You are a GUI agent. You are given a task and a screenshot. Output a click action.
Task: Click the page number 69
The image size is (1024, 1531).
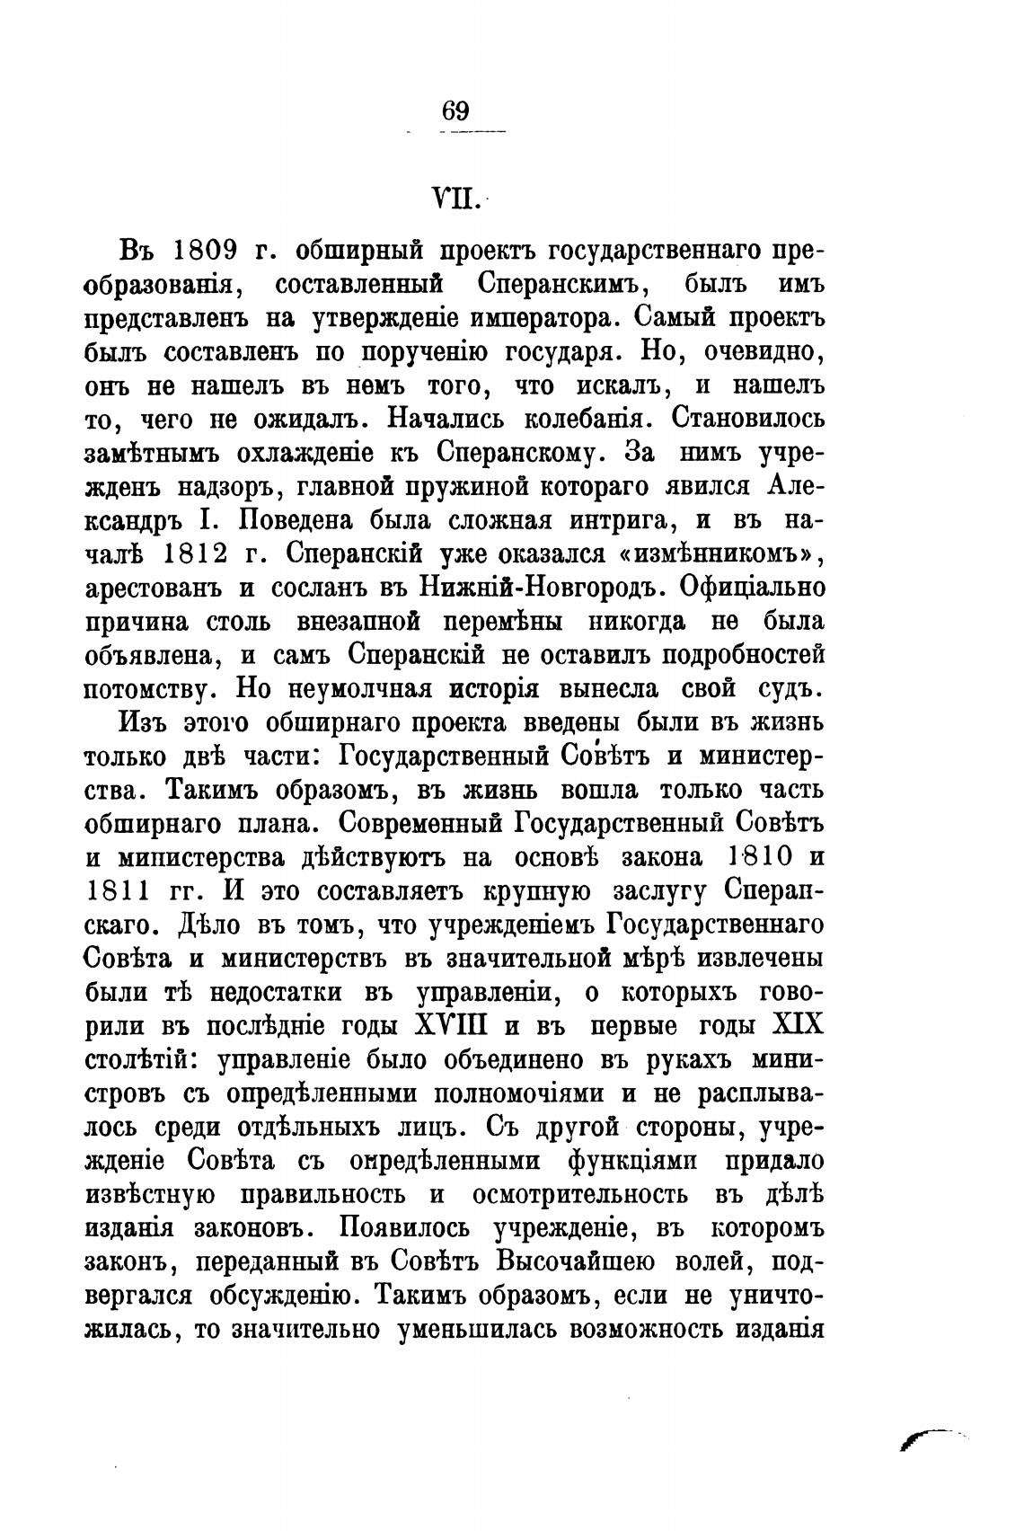point(455,111)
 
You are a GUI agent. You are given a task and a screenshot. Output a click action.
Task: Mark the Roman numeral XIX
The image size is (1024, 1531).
point(797,1025)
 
